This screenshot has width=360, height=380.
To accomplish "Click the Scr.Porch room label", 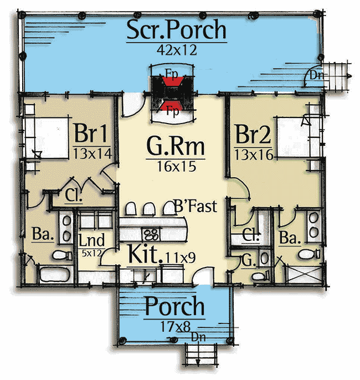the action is pyautogui.click(x=176, y=29).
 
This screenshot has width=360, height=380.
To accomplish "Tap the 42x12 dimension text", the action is pyautogui.click(x=177, y=50).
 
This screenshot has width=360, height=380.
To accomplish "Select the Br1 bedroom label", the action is pyautogui.click(x=91, y=133).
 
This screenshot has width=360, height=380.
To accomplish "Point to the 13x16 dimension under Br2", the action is pyautogui.click(x=254, y=155).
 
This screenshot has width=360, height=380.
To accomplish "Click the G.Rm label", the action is pyautogui.click(x=176, y=146).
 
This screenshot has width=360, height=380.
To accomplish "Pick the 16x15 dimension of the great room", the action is pyautogui.click(x=176, y=166).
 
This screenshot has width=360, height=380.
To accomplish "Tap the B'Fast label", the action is pyautogui.click(x=196, y=206).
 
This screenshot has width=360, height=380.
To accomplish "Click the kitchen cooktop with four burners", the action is pyautogui.click(x=151, y=234).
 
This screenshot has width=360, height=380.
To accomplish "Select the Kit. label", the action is pyautogui.click(x=145, y=254).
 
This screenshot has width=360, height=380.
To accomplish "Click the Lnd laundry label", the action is pyautogui.click(x=91, y=240).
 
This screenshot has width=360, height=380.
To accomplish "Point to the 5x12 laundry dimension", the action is pyautogui.click(x=91, y=253).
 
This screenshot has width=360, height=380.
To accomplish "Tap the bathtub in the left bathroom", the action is pyautogui.click(x=55, y=274).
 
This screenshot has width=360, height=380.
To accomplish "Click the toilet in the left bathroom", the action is pyautogui.click(x=62, y=255).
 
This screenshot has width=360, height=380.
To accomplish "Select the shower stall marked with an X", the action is pyautogui.click(x=304, y=274).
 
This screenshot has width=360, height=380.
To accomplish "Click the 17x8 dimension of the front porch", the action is pyautogui.click(x=176, y=327).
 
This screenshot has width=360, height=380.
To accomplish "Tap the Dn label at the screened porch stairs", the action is pyautogui.click(x=316, y=75).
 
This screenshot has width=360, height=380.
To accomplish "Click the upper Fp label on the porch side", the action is pyautogui.click(x=172, y=74).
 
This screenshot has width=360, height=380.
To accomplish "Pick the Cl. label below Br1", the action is pyautogui.click(x=74, y=195).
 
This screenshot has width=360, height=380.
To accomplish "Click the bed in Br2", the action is pyautogui.click(x=298, y=137).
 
